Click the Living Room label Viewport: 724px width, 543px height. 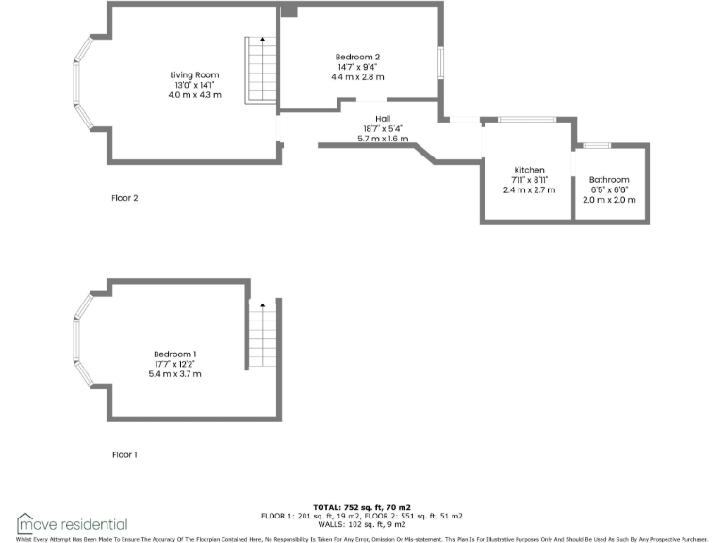[194, 74]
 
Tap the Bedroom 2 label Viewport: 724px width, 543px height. [357, 58]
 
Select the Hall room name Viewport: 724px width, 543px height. [383, 119]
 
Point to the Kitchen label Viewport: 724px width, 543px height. [528, 170]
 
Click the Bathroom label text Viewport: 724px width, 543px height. [609, 179]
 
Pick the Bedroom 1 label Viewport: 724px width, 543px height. [174, 354]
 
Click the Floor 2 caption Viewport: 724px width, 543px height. [124, 198]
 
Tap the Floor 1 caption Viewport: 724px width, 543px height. [124, 454]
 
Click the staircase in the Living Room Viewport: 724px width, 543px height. [261, 71]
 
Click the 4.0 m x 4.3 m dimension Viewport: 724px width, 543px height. [194, 95]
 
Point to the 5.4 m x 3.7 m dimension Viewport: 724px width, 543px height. [174, 374]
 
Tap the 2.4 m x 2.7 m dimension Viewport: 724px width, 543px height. [528, 189]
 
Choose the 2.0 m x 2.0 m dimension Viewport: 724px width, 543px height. [609, 200]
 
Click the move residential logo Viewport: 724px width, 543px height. [72, 523]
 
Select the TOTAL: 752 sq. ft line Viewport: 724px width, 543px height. [361, 507]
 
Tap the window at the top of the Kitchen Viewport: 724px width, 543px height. [526, 120]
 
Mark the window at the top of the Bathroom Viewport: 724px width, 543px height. [597, 145]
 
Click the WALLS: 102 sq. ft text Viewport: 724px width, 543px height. [361, 524]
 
